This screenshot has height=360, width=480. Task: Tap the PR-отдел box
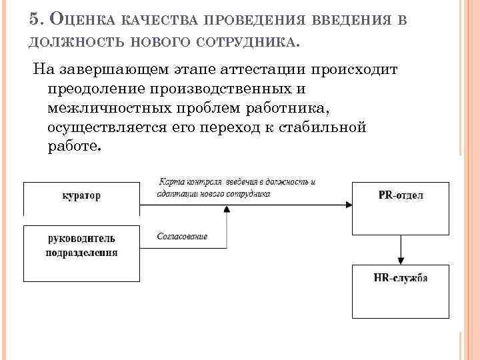[400, 207]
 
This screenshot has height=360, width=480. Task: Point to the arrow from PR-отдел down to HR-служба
[400, 249]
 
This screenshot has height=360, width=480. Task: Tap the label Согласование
[182, 237]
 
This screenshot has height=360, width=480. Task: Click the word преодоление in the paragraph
[98, 89]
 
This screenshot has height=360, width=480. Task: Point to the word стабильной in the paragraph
[329, 127]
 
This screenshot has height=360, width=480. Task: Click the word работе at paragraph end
[73, 147]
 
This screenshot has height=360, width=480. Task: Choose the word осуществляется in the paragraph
[112, 127]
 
